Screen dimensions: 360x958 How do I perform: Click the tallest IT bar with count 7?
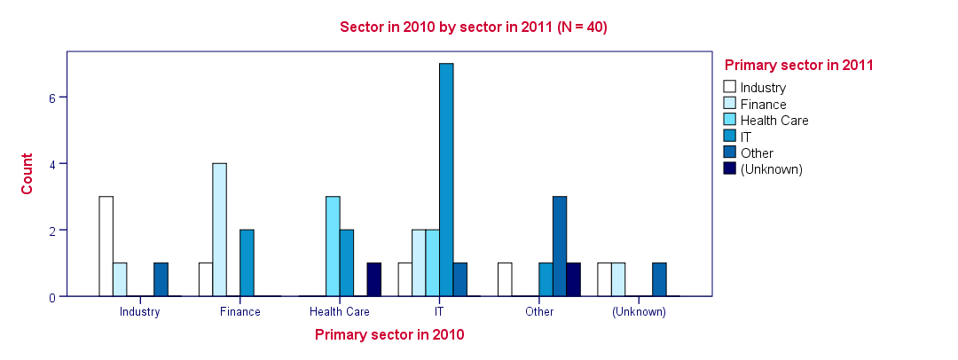446,180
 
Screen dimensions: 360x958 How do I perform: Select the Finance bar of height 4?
219,230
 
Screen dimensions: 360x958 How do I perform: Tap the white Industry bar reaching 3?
106,247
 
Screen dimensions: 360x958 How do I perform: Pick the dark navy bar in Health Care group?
374,280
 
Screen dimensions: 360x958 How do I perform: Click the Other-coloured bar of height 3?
560,247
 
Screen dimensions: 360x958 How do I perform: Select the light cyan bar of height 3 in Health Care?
333,247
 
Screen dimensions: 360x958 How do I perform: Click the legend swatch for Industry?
730,87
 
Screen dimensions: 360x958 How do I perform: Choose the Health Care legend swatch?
730,120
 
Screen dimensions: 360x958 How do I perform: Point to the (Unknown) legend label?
771,168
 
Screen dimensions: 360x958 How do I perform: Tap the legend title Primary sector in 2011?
799,65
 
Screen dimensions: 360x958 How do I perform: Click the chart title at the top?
474,27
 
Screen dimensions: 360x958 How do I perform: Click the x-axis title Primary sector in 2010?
389,335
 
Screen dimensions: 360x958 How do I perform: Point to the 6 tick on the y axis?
52,98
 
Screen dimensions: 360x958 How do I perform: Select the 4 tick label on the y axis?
52,164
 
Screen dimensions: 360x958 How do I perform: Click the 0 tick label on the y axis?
52,297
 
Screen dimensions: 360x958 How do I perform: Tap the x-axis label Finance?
239,312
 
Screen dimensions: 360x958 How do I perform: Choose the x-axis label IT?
439,312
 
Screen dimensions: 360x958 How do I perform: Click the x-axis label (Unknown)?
639,312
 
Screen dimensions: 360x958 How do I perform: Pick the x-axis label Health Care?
340,312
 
